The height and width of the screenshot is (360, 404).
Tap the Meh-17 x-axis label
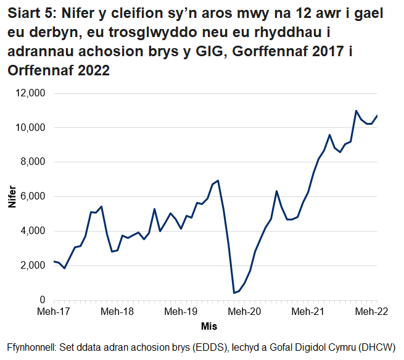tap(54, 312)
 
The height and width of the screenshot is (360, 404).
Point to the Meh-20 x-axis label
tap(247, 312)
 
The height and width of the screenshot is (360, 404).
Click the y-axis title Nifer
tap(13, 197)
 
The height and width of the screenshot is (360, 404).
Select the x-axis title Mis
tap(208, 325)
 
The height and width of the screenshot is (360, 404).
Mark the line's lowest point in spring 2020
tap(234, 293)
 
